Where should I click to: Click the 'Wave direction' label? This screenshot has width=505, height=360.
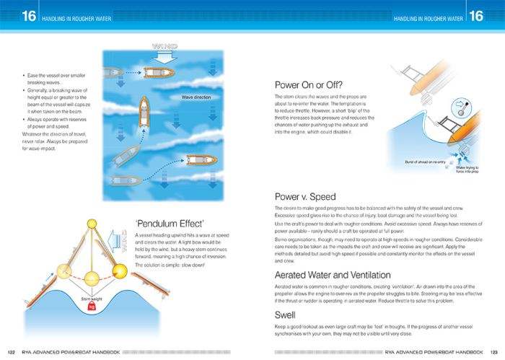(190, 97)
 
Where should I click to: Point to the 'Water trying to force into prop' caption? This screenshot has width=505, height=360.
(473, 170)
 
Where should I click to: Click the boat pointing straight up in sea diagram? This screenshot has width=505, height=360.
(144, 110)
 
